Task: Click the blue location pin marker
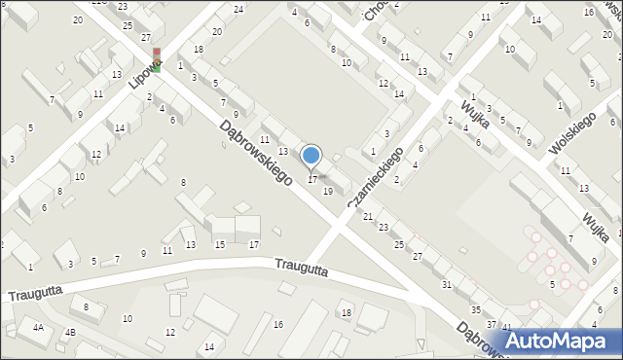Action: point(311,156)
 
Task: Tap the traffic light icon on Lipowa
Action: point(156,60)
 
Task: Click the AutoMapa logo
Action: point(562,341)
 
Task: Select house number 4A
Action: point(38,328)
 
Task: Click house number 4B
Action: point(70,333)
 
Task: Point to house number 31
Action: point(447,284)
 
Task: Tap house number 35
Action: point(475,309)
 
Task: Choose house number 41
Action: point(506,327)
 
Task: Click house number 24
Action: point(238,9)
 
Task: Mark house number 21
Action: point(367,216)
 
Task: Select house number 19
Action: point(328,192)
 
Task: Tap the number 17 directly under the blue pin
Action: point(311,180)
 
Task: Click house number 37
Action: point(492,324)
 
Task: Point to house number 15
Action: point(220,244)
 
